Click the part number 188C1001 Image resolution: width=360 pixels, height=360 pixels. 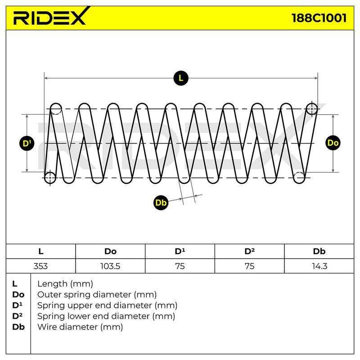click(x=319, y=18)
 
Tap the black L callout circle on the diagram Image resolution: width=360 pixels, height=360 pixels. click(x=181, y=78)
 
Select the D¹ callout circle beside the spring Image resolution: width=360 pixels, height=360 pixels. click(x=27, y=143)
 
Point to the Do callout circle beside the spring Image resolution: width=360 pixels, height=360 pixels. click(x=333, y=143)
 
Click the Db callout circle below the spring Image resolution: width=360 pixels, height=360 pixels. click(x=161, y=202)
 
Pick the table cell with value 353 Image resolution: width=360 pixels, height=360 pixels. click(x=40, y=266)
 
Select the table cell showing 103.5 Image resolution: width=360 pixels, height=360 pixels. click(x=110, y=266)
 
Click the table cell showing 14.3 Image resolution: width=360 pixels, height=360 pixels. click(x=319, y=266)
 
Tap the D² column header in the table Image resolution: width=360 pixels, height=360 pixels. click(x=250, y=252)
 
